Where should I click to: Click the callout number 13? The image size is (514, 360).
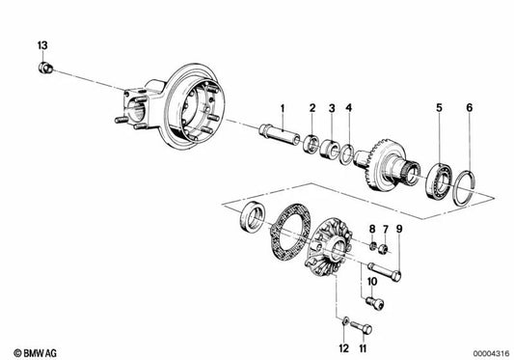pos(41,45)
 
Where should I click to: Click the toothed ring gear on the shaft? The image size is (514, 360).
pos(386,165)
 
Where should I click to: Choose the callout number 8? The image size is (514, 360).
pos(371,228)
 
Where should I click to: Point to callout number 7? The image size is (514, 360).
pos(385,228)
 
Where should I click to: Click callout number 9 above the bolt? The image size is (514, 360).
pos(399,228)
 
